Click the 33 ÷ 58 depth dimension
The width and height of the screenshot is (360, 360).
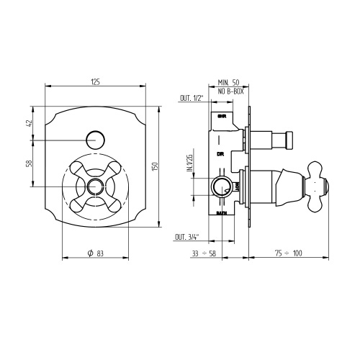click(x=212, y=253)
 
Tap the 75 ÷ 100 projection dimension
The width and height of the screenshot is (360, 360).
click(x=289, y=253)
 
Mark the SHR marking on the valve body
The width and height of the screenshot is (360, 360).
click(x=222, y=116)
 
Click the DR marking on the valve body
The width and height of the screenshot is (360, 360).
click(x=222, y=155)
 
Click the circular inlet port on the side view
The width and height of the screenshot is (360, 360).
click(x=223, y=187)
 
